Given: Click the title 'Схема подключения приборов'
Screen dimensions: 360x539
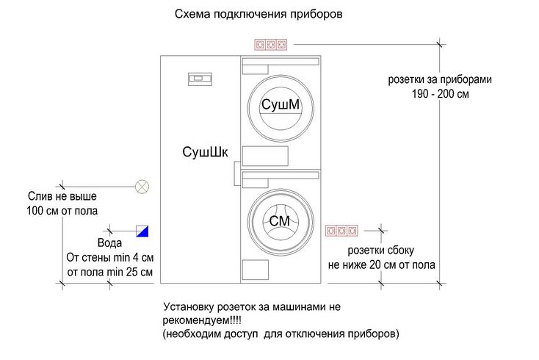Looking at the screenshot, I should pyautogui.click(x=258, y=14).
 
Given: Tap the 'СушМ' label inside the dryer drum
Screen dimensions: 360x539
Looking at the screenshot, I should pyautogui.click(x=281, y=106).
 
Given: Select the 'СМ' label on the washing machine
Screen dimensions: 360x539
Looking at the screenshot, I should pyautogui.click(x=280, y=221).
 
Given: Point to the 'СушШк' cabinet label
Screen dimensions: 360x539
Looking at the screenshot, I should pyautogui.click(x=206, y=152).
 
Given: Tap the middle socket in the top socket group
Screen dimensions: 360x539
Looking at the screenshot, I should pyautogui.click(x=269, y=45).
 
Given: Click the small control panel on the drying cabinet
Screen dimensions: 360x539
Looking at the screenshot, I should pyautogui.click(x=200, y=76).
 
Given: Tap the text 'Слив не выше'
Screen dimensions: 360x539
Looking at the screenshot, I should pyautogui.click(x=62, y=197).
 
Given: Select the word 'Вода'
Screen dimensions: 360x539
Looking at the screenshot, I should pyautogui.click(x=109, y=243).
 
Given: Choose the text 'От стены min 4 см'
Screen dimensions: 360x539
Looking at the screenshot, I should pyautogui.click(x=109, y=258).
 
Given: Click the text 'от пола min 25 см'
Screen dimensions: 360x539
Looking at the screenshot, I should pyautogui.click(x=109, y=273).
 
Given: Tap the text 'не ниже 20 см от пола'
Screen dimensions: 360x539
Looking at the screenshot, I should pyautogui.click(x=382, y=265).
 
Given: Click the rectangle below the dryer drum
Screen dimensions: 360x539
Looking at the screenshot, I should pyautogui.click(x=265, y=156).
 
